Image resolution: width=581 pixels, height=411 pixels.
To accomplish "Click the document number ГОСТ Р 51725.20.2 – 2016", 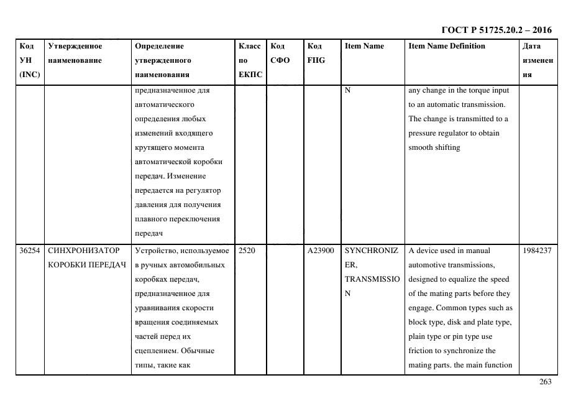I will [496, 30].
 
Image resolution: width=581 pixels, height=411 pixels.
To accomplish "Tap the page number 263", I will [545, 382].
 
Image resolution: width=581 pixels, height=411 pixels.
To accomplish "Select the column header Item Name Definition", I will [447, 46].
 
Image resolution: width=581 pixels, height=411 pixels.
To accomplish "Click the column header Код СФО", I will [280, 53].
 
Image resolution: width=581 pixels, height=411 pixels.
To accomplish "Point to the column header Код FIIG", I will [316, 53].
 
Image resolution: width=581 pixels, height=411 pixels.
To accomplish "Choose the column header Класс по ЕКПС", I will [250, 60].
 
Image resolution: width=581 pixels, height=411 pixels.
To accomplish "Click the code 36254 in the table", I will [30, 251].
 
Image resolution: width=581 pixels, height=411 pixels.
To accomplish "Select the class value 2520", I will [247, 251].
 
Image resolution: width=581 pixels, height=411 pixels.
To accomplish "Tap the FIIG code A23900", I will [321, 251].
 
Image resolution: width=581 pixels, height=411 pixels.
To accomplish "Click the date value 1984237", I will [538, 251].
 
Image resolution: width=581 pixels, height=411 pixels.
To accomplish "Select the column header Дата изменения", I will [538, 60].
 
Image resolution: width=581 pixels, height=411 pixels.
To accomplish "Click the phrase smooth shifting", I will [434, 147].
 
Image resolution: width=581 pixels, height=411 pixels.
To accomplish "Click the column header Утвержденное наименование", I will [75, 53].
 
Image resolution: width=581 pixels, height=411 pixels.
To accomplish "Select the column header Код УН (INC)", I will [30, 60].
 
